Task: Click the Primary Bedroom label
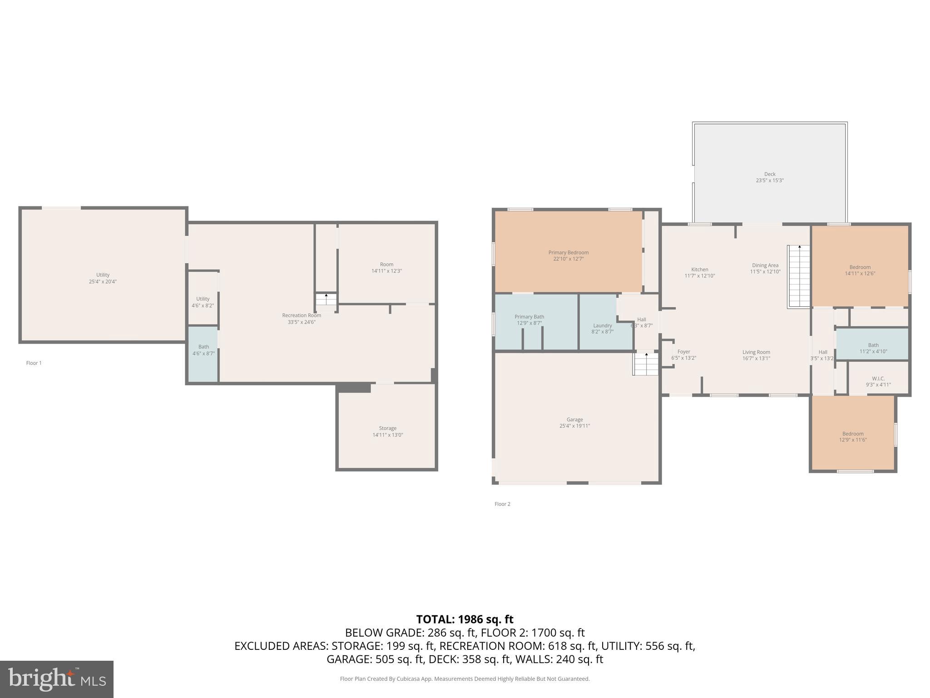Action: coord(568,253)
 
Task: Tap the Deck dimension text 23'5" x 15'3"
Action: coord(770,180)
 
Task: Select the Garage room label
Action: coord(574,419)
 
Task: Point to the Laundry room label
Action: coord(602,325)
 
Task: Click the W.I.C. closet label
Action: coord(878,379)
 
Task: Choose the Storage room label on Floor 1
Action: coord(387,428)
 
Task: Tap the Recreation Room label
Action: coord(301,315)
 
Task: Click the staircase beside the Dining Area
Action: coord(799,276)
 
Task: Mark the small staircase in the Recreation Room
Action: coord(326,300)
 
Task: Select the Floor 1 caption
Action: coord(34,363)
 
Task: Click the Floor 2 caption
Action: coord(502,504)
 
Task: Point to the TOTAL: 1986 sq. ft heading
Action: coord(465,619)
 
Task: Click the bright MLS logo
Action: coord(56,679)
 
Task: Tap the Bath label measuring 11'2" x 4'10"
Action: coord(873,345)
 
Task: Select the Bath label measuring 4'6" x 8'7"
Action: coord(203,347)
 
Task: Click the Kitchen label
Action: coord(699,269)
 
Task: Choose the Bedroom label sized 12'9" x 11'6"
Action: coord(852,434)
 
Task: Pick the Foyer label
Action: coord(683,352)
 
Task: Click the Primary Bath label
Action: coord(529,317)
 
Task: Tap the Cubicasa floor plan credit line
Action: coord(465,679)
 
